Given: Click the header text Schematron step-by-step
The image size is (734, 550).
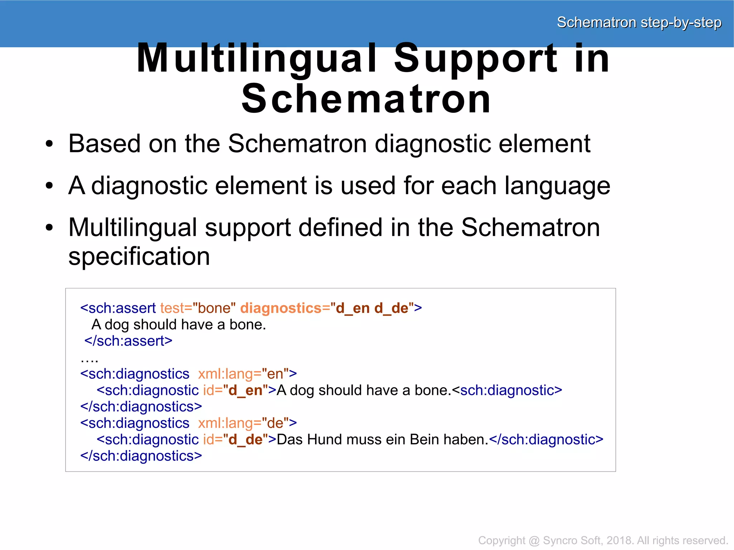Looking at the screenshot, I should (x=639, y=23).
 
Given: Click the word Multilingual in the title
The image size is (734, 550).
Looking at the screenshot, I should (x=257, y=58).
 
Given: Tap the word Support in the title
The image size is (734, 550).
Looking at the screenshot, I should (x=475, y=58).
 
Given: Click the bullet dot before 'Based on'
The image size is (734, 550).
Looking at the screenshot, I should (x=49, y=144).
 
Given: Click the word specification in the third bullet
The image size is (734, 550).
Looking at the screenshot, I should (x=139, y=257).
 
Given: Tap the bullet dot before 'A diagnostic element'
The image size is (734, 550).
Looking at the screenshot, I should (x=49, y=186).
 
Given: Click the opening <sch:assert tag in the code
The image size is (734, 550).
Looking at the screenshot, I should (x=118, y=308).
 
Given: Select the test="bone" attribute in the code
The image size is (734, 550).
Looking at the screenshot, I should (x=198, y=308).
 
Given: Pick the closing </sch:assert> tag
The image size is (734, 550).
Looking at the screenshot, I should (x=128, y=341).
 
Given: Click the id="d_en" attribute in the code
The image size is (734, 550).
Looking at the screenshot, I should (x=235, y=390).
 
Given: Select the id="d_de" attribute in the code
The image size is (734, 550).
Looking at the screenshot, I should (x=235, y=440).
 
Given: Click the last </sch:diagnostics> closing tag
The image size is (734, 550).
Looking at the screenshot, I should (x=141, y=456).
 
